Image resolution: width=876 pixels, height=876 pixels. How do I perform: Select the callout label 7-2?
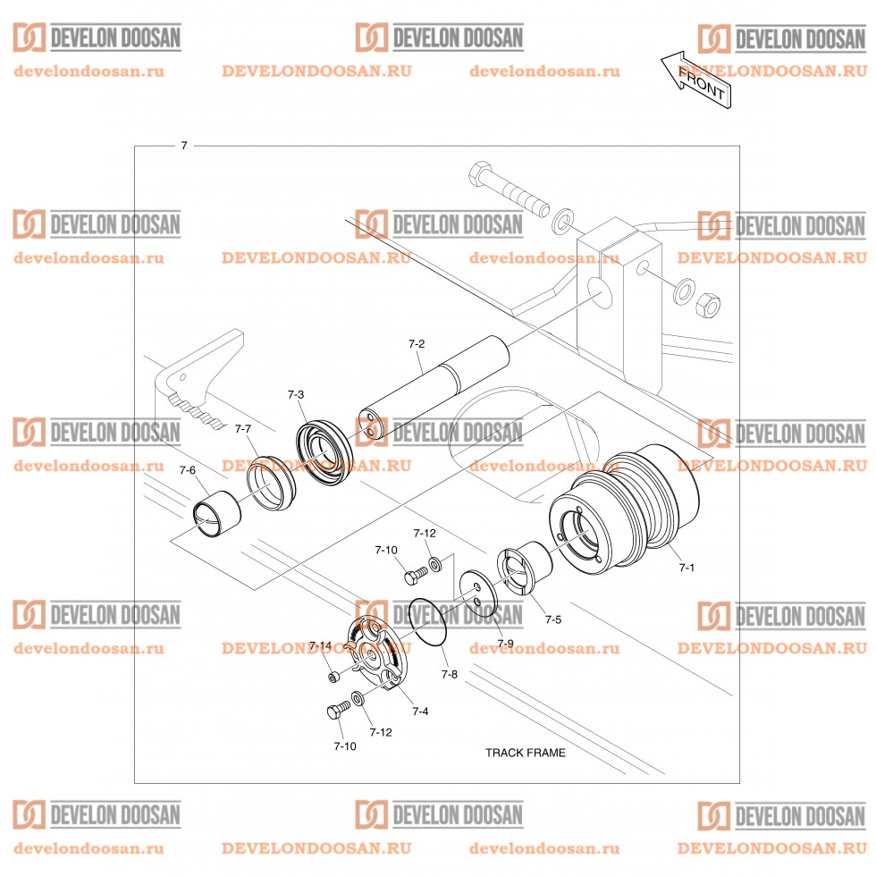pyautogui.click(x=416, y=343)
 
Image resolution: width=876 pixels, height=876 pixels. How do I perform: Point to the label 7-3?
pyautogui.click(x=296, y=394)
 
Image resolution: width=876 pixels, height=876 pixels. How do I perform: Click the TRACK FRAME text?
pyautogui.click(x=525, y=753)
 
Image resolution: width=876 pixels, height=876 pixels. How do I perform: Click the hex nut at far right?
pyautogui.click(x=707, y=305)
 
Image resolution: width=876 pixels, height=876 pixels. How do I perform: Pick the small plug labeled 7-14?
pyautogui.click(x=333, y=677)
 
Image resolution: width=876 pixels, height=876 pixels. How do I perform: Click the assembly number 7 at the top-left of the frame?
pyautogui.click(x=184, y=145)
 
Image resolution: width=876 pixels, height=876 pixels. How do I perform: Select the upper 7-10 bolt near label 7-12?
pyautogui.click(x=414, y=577)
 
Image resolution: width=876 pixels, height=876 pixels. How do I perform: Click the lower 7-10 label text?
pyautogui.click(x=346, y=745)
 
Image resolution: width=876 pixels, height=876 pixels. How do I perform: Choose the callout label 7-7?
pyautogui.click(x=242, y=429)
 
